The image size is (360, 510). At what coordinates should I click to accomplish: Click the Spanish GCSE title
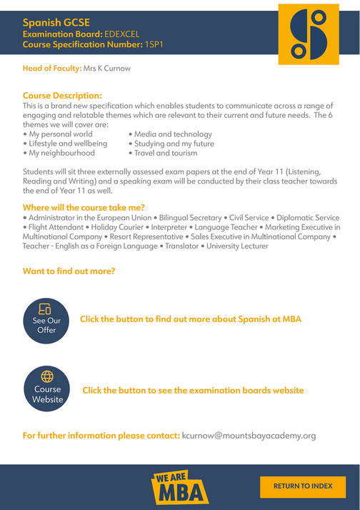(x=52, y=23)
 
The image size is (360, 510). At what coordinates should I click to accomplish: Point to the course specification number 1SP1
(x=155, y=44)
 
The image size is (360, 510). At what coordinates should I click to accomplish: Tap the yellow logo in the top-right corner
(x=309, y=33)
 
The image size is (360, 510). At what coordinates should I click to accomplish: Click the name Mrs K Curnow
(x=107, y=69)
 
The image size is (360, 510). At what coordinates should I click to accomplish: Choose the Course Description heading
(x=62, y=95)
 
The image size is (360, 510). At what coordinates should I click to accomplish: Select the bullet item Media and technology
(x=173, y=134)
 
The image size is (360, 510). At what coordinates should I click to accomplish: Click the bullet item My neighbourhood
(x=61, y=153)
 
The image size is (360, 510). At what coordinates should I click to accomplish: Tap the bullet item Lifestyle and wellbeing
(x=68, y=144)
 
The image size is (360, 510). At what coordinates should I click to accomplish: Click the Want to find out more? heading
(x=69, y=271)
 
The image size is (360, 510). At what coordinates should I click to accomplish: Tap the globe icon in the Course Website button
(x=47, y=376)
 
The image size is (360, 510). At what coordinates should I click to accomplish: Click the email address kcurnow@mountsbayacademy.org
(x=248, y=435)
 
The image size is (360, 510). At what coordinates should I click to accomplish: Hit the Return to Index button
(x=303, y=486)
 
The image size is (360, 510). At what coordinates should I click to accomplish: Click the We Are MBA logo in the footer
(x=179, y=487)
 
